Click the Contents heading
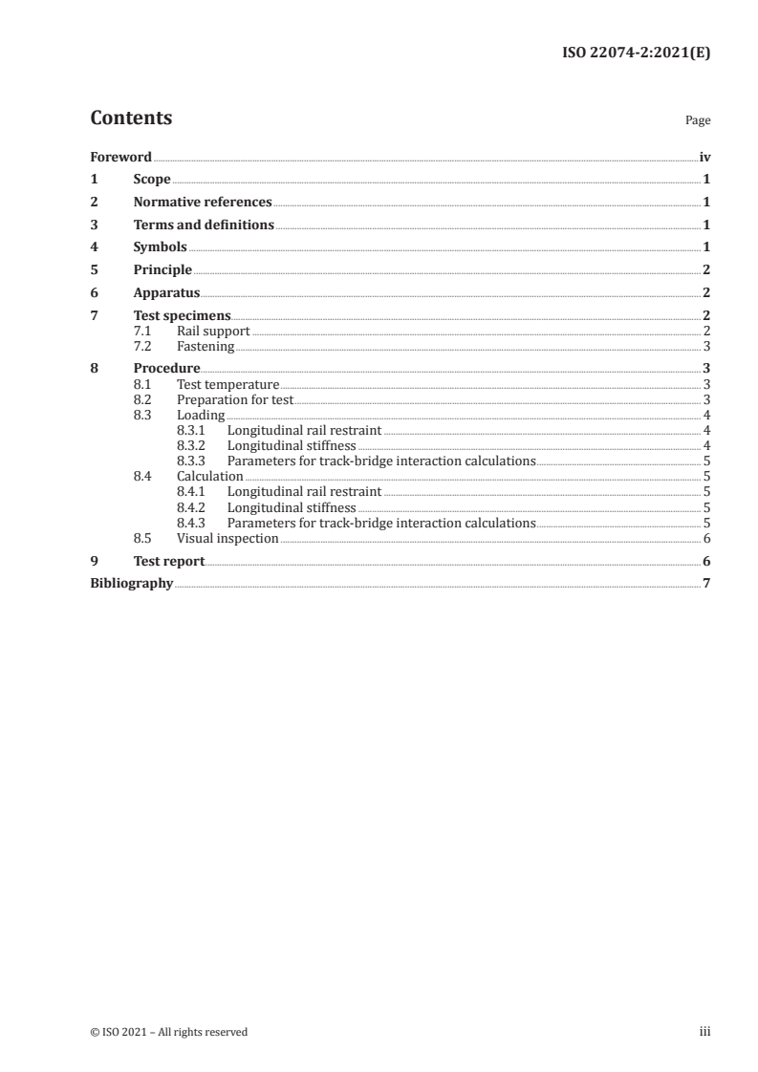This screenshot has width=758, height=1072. click(131, 118)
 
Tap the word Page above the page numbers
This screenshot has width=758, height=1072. click(698, 121)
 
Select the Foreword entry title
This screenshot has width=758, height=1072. click(120, 157)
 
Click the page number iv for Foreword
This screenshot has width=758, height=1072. click(704, 157)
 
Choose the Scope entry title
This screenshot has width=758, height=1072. click(152, 180)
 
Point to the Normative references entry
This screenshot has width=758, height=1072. click(203, 203)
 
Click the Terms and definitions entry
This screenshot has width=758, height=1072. click(204, 225)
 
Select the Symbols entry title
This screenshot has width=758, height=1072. click(160, 247)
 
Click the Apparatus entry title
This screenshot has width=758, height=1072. click(166, 293)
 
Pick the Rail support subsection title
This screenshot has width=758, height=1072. click(213, 332)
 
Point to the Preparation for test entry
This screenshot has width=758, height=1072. click(235, 400)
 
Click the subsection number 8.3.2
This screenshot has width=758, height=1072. click(191, 445)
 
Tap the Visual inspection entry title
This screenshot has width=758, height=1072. click(227, 539)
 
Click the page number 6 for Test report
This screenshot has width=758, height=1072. click(705, 562)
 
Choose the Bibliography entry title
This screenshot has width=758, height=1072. click(131, 584)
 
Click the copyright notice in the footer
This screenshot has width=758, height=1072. click(168, 1032)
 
